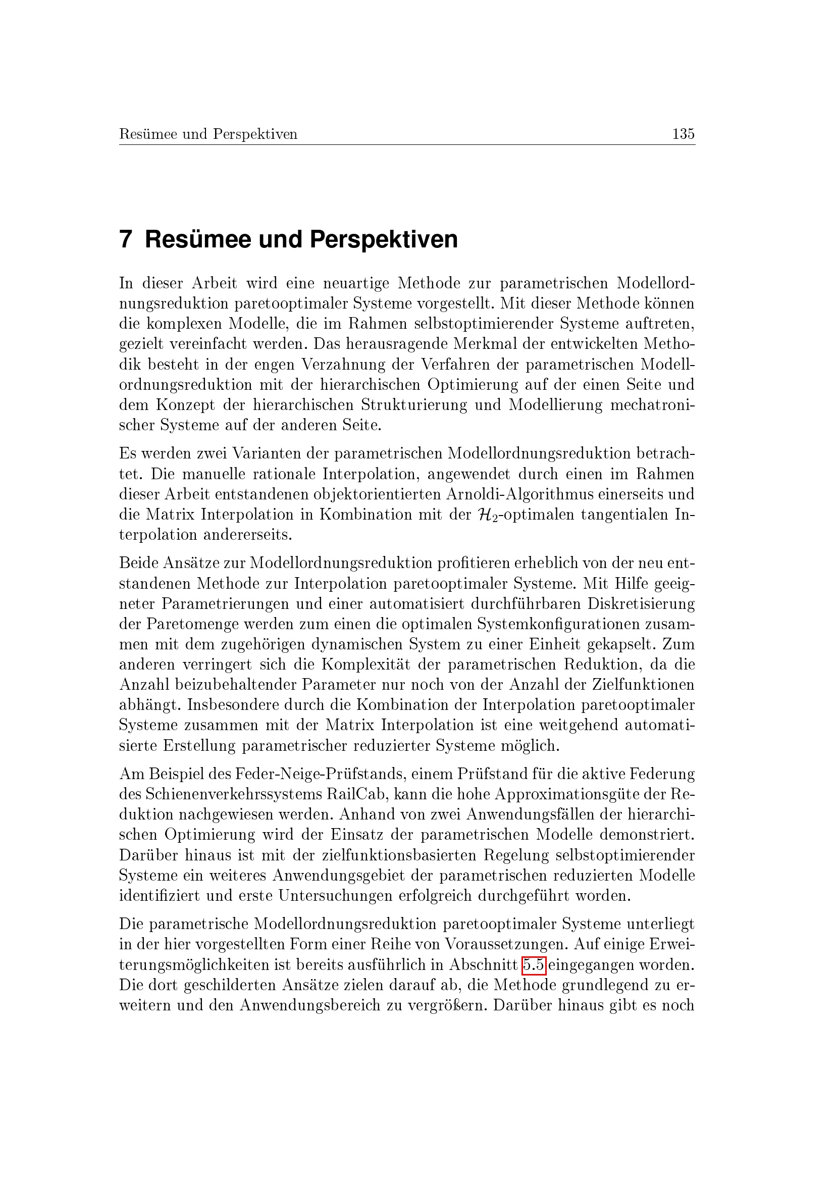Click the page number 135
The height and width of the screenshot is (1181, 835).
(684, 134)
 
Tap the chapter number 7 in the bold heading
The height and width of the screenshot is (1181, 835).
(126, 240)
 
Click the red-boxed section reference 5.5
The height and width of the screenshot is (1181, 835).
(534, 965)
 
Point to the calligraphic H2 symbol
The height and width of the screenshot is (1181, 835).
(486, 515)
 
